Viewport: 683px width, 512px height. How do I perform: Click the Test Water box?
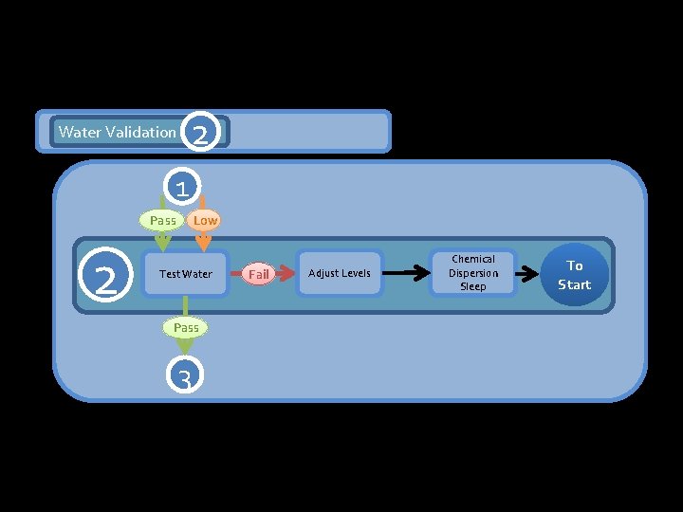[186, 274]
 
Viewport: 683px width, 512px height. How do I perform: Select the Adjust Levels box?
[340, 273]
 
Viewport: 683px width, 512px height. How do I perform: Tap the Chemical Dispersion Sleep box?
[472, 273]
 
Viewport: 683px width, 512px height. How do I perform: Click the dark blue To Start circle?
[574, 275]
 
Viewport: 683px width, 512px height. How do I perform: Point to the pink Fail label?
[258, 274]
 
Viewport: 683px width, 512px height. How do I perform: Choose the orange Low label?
[205, 220]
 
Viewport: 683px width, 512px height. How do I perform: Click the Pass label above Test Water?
[163, 220]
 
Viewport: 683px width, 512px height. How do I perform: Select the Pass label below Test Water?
[186, 327]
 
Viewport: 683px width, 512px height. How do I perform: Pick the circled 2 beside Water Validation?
[200, 133]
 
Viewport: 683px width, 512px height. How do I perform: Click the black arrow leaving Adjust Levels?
[406, 274]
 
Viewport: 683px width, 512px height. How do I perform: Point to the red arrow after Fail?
[283, 274]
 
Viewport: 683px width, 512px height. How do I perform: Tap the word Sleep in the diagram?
[472, 286]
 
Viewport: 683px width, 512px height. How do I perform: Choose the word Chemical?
[472, 259]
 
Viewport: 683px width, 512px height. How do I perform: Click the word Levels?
[355, 273]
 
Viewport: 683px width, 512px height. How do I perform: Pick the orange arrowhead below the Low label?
[203, 244]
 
